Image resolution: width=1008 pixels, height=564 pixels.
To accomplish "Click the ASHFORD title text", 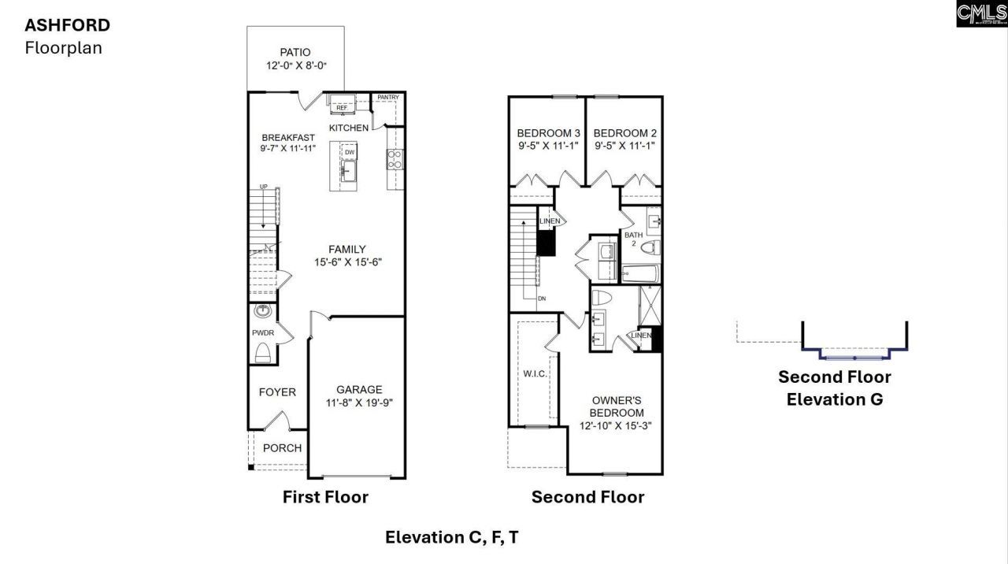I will click(67, 25).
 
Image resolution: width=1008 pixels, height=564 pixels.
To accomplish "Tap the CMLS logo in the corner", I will click(981, 13).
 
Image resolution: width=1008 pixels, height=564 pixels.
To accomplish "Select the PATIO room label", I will click(295, 53).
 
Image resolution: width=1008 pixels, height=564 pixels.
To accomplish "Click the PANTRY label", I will click(388, 98).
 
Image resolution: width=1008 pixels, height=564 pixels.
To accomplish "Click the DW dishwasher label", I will click(350, 152).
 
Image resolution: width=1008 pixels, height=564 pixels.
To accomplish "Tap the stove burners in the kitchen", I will click(395, 159).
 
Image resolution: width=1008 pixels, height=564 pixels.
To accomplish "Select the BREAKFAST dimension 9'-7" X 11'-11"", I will click(287, 148).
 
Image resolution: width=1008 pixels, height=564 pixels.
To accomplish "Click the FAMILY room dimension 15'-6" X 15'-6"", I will click(346, 262).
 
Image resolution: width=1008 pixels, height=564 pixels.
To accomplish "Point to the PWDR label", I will click(262, 333).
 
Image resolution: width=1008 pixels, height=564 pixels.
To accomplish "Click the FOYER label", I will click(277, 392).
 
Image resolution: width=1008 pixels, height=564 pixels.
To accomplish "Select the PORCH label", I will click(282, 448).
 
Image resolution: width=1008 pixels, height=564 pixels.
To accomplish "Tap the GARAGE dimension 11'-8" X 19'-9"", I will click(359, 403).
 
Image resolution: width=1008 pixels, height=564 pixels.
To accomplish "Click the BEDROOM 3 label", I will click(549, 133).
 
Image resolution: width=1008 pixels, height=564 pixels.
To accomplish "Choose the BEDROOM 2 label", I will click(625, 133).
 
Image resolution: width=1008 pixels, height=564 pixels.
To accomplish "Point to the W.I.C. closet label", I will click(535, 373).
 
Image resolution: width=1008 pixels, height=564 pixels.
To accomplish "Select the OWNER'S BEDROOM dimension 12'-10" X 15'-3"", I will click(617, 426).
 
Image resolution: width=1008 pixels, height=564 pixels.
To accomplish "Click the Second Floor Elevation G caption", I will click(835, 388).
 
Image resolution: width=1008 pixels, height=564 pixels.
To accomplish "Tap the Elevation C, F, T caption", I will click(451, 537).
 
